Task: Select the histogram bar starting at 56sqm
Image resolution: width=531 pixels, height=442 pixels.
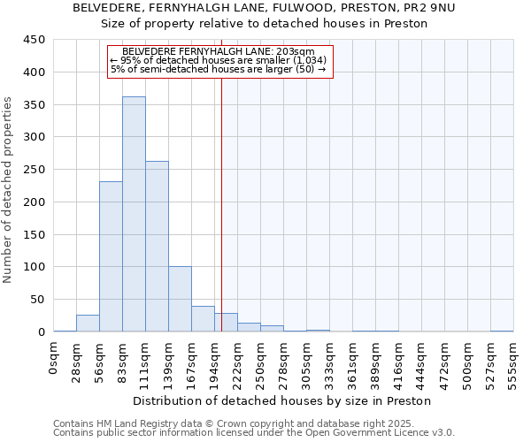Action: (111, 256)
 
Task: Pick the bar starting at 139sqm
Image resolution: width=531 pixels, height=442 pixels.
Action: (180, 299)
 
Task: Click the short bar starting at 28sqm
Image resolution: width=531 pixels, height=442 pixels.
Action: (88, 324)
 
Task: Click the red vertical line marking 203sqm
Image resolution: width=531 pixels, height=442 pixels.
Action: (221, 221)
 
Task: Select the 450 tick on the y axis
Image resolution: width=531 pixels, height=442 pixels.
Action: (35, 40)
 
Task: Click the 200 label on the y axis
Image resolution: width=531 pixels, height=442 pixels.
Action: (35, 202)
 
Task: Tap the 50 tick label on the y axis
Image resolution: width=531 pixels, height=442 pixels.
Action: (38, 300)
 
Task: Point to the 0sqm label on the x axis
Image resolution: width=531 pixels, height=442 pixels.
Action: (54, 359)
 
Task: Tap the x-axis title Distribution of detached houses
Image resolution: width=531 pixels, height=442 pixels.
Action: (283, 400)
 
